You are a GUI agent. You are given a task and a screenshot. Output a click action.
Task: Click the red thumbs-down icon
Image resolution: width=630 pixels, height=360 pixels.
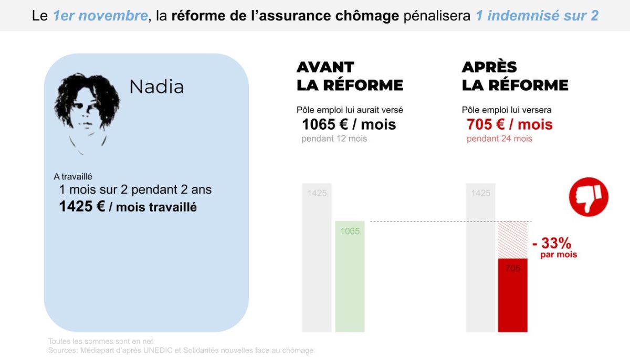[x=589, y=196]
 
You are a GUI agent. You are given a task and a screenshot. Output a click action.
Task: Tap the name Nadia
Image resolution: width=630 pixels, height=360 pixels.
[x=156, y=87]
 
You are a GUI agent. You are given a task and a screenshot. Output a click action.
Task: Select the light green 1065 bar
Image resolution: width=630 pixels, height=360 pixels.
[x=350, y=277]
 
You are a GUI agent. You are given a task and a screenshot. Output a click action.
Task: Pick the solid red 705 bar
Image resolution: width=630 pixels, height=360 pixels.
[x=512, y=295]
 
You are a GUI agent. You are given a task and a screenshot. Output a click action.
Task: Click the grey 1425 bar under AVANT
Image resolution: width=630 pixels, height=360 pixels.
[x=317, y=257]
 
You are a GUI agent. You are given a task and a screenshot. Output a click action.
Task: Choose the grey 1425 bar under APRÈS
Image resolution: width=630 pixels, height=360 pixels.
[x=481, y=257]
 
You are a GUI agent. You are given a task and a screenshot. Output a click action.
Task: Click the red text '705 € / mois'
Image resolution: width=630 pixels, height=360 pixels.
[x=509, y=124]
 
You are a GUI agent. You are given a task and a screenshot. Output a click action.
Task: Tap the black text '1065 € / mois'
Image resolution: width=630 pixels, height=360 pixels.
[x=349, y=124]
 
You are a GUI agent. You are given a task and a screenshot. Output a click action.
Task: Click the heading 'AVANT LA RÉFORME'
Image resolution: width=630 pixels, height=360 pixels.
[x=350, y=76]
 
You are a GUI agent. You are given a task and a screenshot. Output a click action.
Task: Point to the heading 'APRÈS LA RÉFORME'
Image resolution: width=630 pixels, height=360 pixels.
[x=514, y=76]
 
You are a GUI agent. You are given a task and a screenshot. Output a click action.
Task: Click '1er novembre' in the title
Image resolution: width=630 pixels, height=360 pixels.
[x=100, y=16]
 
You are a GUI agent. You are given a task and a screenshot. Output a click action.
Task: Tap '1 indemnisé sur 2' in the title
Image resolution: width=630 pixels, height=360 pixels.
[x=537, y=16]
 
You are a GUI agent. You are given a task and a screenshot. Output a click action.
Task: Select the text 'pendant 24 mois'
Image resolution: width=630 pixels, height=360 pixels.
[x=499, y=139]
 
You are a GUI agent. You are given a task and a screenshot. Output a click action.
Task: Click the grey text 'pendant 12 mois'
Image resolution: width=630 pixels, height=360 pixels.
[x=334, y=139]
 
